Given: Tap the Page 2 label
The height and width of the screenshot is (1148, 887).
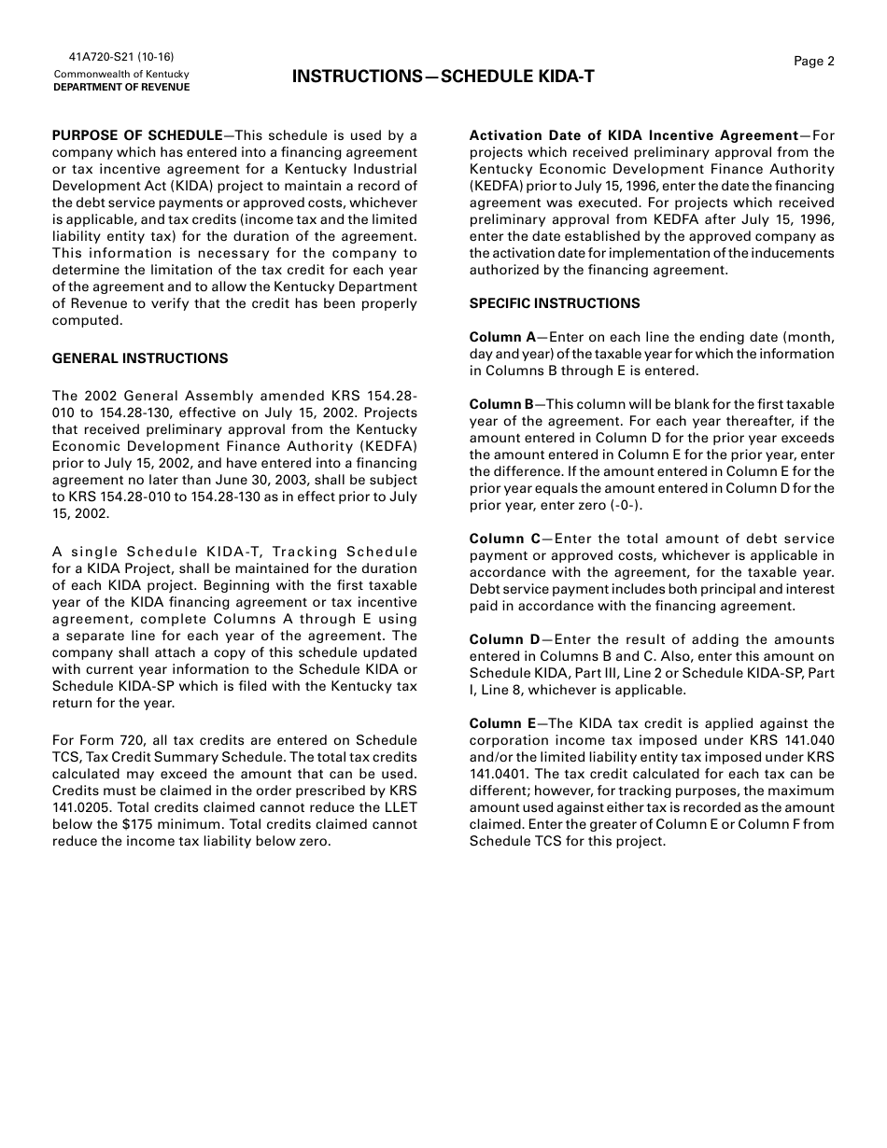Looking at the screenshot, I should click(814, 62).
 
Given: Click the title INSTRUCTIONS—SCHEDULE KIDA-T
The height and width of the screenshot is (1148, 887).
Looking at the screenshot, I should click(443, 77).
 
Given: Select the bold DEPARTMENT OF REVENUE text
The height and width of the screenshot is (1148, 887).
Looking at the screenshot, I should click(121, 88).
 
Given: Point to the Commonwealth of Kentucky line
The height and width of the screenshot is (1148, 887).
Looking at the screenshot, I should click(121, 74).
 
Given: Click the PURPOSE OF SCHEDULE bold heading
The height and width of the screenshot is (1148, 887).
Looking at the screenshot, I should click(137, 135).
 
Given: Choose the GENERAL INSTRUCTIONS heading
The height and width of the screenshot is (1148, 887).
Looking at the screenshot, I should click(140, 358).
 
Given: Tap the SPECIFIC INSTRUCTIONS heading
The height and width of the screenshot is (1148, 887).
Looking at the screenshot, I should click(555, 303).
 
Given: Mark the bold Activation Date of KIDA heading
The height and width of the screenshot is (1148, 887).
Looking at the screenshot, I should click(634, 135).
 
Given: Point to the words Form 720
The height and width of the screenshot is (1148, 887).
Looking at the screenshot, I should click(105, 740).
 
